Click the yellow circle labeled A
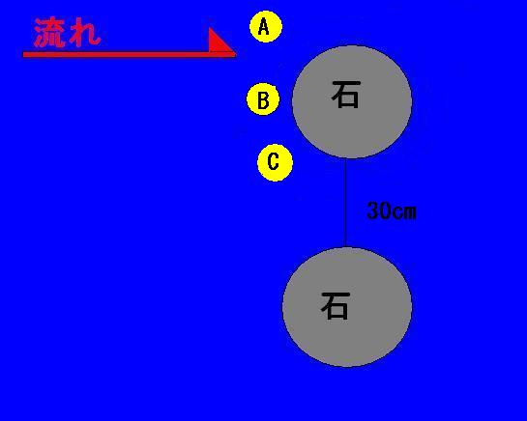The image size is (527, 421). click(266, 26)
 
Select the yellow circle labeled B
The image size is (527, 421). click(263, 99)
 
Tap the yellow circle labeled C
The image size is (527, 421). click(275, 163)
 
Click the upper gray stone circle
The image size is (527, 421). click(352, 101)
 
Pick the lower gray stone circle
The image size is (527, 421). click(347, 307)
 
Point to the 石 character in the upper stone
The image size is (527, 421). click(346, 95)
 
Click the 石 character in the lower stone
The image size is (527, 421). click(336, 305)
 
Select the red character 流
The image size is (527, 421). click(49, 32)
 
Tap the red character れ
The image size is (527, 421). click(84, 33)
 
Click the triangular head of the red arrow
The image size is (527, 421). click(220, 42)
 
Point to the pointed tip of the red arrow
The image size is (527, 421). click(236, 53)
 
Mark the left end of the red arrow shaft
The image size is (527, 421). click(23, 54)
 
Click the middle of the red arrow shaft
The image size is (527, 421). click(130, 54)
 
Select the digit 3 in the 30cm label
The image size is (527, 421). click(373, 210)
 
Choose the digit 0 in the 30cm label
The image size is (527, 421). click(386, 210)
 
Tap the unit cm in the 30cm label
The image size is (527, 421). click(404, 212)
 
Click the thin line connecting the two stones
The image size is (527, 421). click(345, 203)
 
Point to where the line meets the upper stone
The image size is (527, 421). click(345, 158)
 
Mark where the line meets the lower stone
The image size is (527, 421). click(345, 247)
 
